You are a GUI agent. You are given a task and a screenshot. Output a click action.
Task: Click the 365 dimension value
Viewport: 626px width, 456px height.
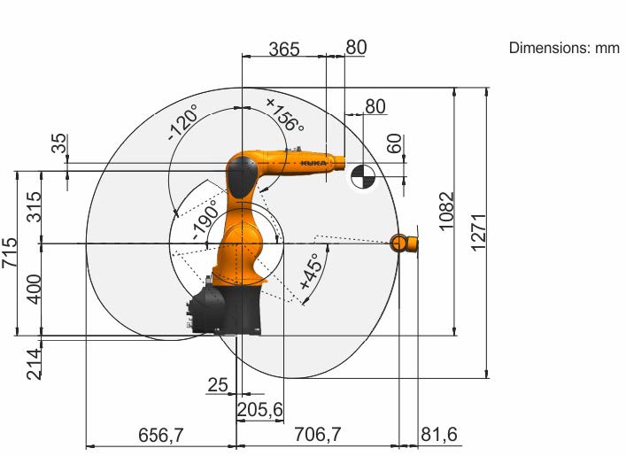point(284,49)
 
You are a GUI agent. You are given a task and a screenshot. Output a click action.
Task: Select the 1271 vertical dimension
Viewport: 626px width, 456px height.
point(479,233)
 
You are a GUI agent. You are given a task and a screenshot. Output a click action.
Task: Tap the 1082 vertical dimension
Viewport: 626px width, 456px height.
point(447,212)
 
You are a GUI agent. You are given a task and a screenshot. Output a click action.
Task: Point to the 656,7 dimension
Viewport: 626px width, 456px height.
point(161,435)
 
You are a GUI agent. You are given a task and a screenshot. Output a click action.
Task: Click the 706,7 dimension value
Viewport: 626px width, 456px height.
point(318,434)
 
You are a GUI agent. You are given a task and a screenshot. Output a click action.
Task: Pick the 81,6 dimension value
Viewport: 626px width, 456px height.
point(439,434)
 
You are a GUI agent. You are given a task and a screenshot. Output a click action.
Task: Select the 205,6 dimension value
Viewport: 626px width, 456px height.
point(260,410)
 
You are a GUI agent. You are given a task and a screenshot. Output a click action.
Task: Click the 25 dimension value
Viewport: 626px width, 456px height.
point(218,385)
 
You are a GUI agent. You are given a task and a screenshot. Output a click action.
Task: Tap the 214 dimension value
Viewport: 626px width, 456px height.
point(34,364)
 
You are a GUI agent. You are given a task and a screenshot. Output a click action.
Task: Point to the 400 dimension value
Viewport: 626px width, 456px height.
point(34,289)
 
